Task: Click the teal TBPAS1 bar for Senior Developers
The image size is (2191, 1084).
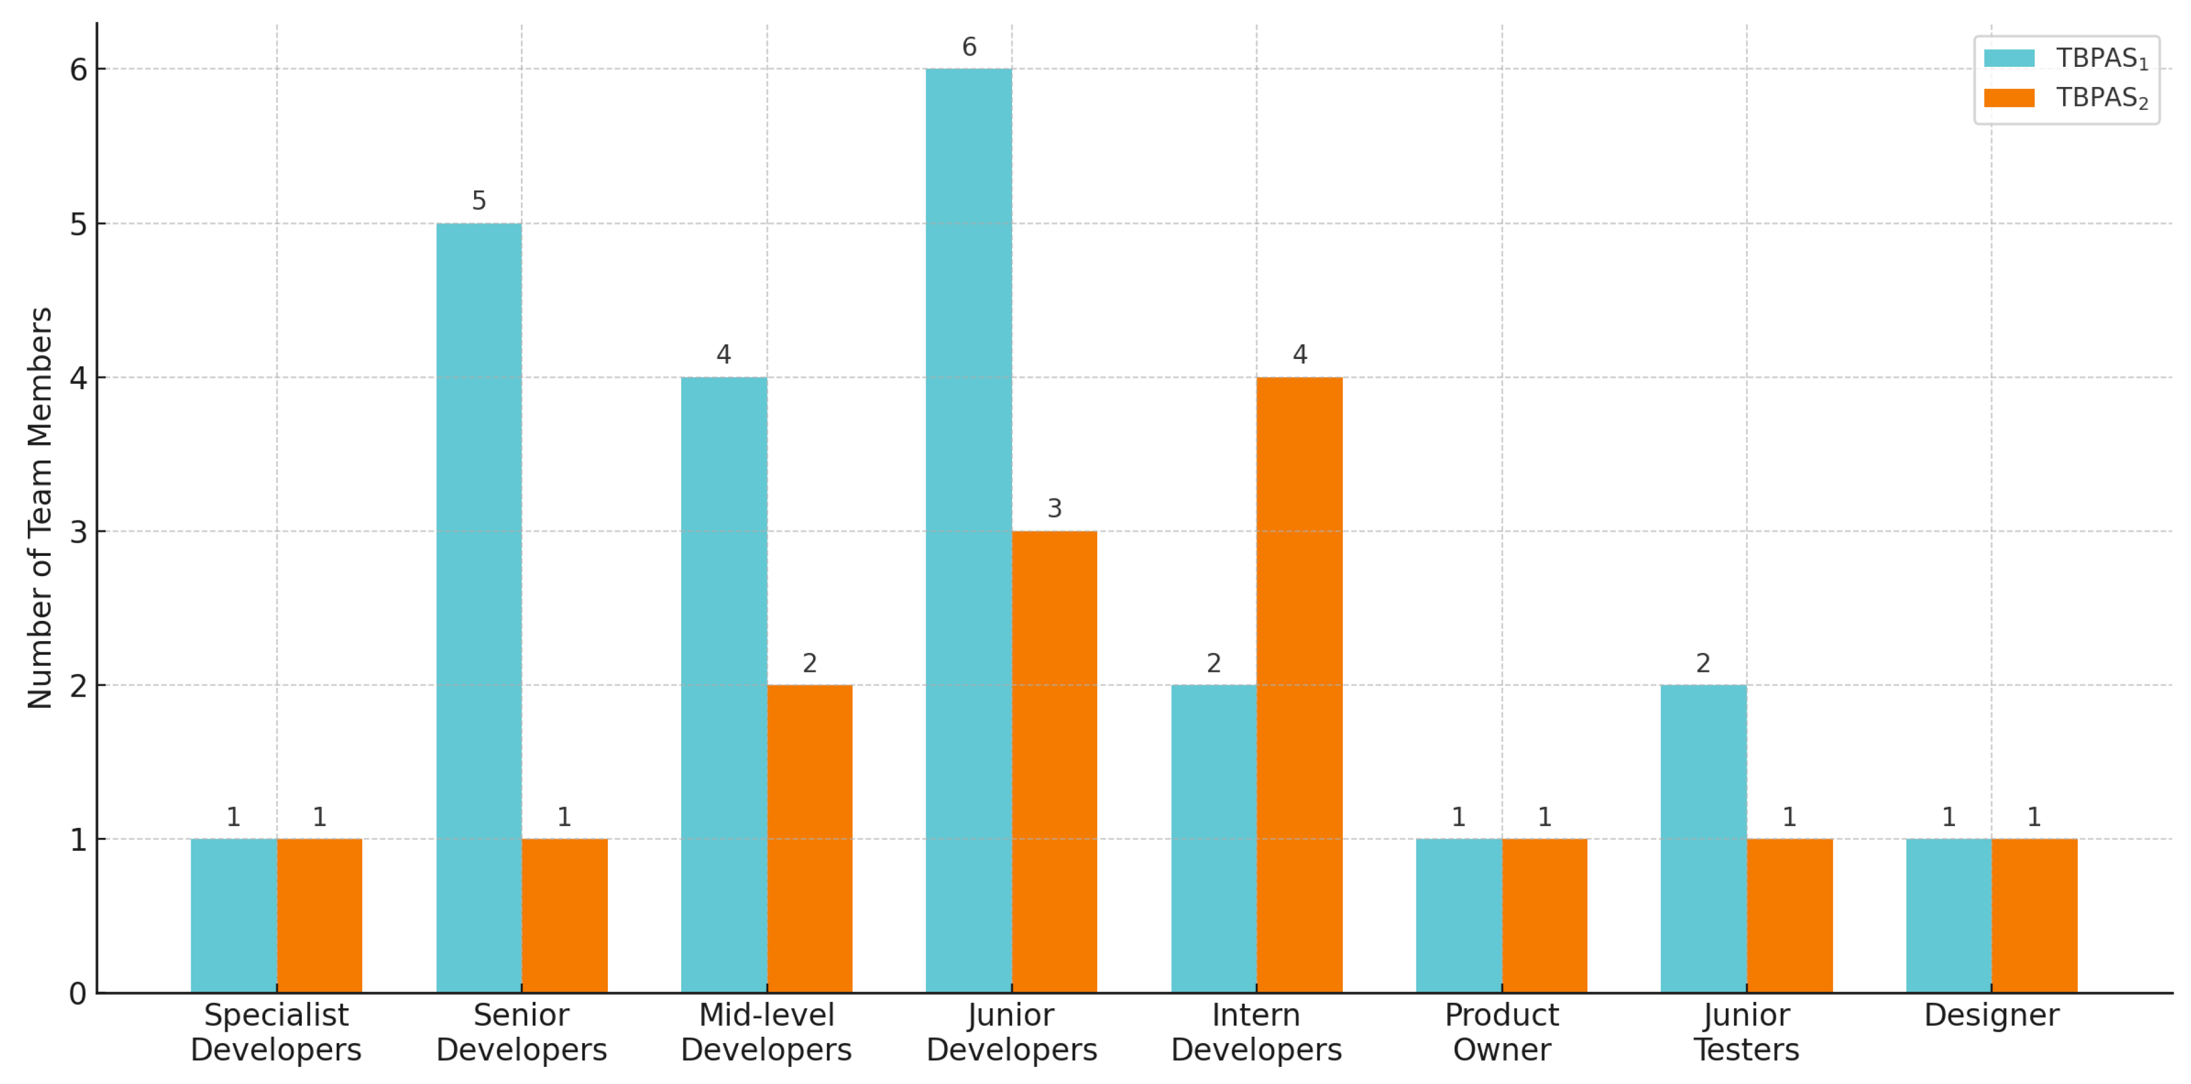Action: click(479, 608)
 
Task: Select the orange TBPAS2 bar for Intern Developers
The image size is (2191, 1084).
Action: click(1299, 684)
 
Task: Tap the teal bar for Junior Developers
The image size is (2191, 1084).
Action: click(969, 530)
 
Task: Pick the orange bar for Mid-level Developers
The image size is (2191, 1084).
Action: click(809, 839)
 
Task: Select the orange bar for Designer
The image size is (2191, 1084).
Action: click(2034, 915)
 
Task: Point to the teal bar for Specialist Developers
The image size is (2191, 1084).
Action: click(234, 915)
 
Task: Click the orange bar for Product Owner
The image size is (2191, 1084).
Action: click(1544, 915)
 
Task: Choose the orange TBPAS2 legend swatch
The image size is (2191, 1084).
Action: click(2009, 98)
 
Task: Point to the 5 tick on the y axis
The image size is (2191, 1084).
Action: click(78, 225)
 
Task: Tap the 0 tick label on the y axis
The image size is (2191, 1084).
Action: click(78, 993)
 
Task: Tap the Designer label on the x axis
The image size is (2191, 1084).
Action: click(1991, 1015)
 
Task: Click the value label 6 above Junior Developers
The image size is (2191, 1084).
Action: click(969, 47)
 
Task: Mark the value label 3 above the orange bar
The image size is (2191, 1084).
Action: click(1054, 509)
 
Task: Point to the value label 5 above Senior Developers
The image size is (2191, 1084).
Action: click(479, 200)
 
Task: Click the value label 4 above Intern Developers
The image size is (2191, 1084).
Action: click(1299, 354)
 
